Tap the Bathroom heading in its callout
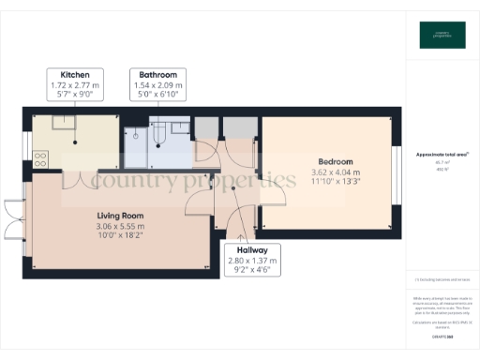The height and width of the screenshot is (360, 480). [157, 74]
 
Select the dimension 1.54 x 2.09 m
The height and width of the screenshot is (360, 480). [157, 84]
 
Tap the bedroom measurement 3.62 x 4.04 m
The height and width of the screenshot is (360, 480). [335, 172]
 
